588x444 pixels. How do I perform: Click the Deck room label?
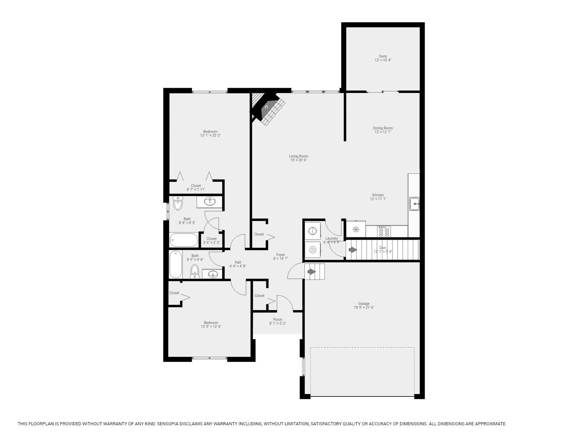click(x=383, y=56)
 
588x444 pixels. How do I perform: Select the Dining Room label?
click(x=383, y=128)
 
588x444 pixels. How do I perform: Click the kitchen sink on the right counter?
click(x=414, y=204)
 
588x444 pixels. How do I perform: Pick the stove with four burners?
click(x=384, y=231)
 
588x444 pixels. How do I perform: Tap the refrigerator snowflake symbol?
click(x=356, y=229)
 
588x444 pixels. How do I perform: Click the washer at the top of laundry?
click(x=312, y=231)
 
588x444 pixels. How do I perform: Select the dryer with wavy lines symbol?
click(x=312, y=249)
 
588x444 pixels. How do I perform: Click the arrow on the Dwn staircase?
click(x=353, y=249)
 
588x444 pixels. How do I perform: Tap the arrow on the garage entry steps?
click(x=312, y=272)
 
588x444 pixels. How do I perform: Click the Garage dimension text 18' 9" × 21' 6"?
click(x=364, y=308)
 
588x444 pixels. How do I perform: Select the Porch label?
click(x=277, y=319)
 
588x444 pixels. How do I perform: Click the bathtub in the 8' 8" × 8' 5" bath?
click(x=184, y=240)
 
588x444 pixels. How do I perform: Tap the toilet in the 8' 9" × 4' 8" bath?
click(x=195, y=271)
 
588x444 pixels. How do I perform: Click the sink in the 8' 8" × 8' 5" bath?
click(x=209, y=201)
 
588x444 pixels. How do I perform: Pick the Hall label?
click(x=237, y=262)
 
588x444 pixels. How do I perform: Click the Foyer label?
click(x=280, y=255)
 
